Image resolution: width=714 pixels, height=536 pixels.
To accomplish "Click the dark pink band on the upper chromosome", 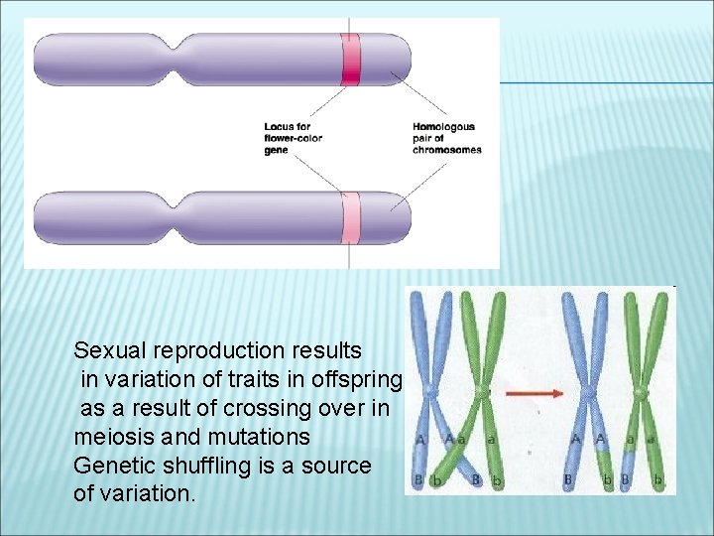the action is coord(351,60).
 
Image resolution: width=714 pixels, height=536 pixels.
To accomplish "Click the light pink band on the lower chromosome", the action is coord(351,216).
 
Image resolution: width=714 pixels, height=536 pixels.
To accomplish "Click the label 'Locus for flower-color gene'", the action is coord(288,138).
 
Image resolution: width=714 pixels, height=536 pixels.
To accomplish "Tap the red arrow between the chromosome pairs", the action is coord(535,394).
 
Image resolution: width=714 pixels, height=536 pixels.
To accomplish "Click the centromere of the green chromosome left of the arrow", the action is coord(483,394).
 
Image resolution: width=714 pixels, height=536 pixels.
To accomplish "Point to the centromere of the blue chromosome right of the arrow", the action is coord(587,396).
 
